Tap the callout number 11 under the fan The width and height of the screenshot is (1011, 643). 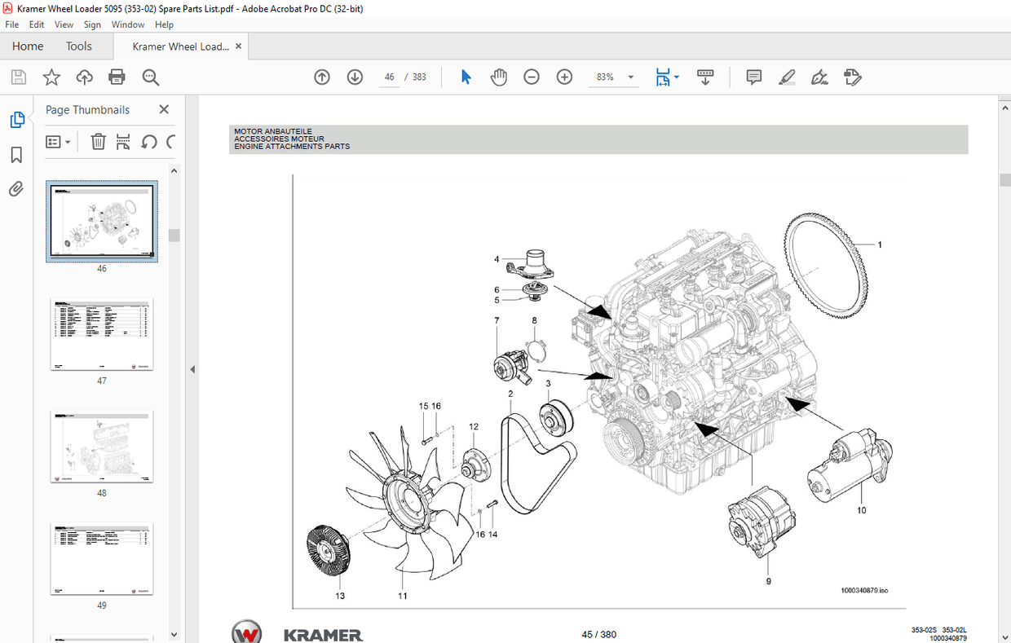403,596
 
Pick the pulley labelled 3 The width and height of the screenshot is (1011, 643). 558,419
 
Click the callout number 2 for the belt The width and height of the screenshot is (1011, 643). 510,394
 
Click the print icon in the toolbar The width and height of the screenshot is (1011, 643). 117,77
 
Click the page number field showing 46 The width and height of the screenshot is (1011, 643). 390,77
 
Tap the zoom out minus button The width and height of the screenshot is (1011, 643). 532,77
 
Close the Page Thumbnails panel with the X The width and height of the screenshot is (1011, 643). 164,109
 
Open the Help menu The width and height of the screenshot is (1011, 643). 164,24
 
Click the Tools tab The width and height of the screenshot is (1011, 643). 79,46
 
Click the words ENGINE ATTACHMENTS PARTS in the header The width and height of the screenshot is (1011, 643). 292,147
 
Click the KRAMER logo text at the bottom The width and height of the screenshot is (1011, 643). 323,634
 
